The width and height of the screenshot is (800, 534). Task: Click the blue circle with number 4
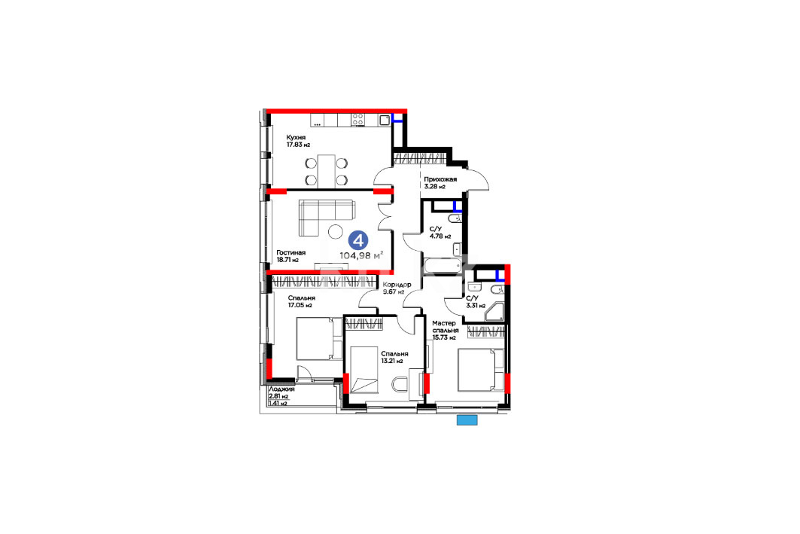click(x=358, y=240)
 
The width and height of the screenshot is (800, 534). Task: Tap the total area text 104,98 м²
click(x=361, y=255)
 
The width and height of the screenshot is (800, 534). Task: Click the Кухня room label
click(x=296, y=137)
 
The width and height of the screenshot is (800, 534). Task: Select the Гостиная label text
click(x=290, y=253)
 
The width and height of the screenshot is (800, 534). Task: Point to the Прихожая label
click(x=440, y=179)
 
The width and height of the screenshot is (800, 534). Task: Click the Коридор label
click(x=397, y=285)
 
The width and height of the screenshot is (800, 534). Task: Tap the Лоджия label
click(x=281, y=389)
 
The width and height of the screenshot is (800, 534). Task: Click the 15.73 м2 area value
click(x=444, y=337)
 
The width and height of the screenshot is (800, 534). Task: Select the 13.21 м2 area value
click(x=392, y=361)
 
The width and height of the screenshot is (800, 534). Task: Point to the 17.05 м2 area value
click(x=300, y=305)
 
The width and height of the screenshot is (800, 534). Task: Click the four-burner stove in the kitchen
click(x=358, y=120)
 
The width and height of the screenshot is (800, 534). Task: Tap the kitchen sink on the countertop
click(x=384, y=120)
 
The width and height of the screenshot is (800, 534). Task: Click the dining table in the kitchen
click(x=327, y=170)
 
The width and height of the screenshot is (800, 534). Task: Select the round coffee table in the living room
click(x=336, y=232)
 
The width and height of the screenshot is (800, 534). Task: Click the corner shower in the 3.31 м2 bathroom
click(x=494, y=312)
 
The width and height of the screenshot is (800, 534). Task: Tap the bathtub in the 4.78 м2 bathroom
click(x=443, y=265)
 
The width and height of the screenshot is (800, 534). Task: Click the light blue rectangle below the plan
click(x=467, y=420)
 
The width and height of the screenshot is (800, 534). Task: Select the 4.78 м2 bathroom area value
click(x=440, y=236)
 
